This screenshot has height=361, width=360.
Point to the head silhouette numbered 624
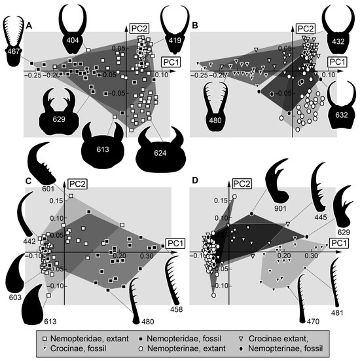pos(160,154)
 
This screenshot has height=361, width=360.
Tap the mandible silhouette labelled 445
pos(319,187)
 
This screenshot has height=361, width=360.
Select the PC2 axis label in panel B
pos(306,29)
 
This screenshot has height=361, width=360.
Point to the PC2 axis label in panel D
pos(242,184)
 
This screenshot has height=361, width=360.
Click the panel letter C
pos(28,181)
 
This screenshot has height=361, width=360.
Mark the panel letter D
pos(195,180)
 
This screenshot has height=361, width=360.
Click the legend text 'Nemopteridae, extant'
pos(90,339)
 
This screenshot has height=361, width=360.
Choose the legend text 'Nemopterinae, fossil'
pos(285,349)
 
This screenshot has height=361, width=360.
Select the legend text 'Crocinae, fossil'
pos(78,349)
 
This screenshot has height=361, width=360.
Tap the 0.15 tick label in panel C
pos(56,200)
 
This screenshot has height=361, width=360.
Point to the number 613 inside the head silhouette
pos(103,149)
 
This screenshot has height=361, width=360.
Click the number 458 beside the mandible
pos(177,309)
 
